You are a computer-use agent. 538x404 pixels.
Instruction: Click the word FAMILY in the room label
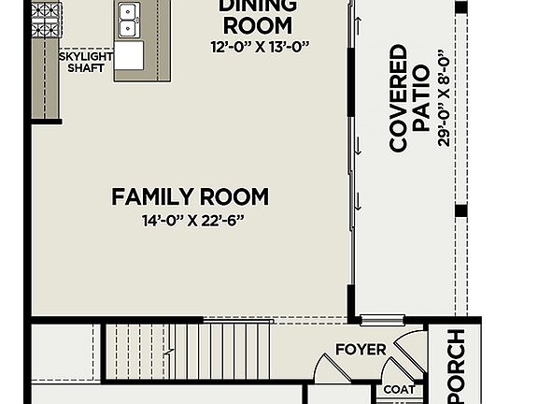[x=149, y=197]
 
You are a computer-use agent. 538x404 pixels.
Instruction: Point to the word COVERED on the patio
[x=399, y=97]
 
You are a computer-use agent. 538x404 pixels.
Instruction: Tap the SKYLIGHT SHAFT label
[x=87, y=62]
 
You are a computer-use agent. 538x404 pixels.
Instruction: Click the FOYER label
[x=361, y=350]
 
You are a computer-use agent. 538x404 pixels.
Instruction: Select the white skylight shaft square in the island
[x=130, y=55]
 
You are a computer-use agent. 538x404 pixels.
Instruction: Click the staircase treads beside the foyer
[x=187, y=349]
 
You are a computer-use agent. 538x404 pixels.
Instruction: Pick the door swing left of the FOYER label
[x=329, y=368]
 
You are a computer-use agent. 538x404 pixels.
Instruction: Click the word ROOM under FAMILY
[x=230, y=197]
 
